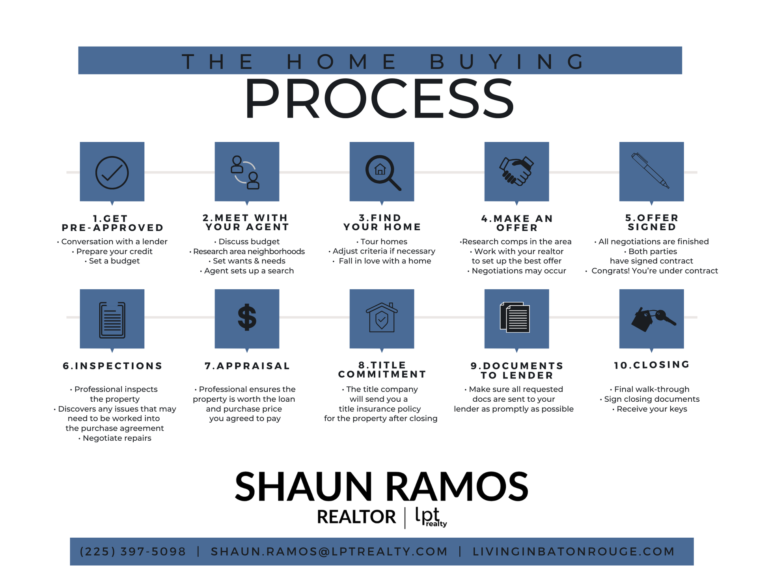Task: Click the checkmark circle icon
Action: (112, 173)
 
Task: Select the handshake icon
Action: (516, 171)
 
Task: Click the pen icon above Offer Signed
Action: (651, 171)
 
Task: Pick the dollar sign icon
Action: (247, 317)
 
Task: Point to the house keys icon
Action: (653, 319)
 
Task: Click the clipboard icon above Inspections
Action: (112, 320)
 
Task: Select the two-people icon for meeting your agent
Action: (245, 173)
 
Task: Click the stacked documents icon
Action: (515, 317)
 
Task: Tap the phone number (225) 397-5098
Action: (133, 551)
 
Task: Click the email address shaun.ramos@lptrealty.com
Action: (329, 551)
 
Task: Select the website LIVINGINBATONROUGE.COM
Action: (574, 551)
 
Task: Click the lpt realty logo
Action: (430, 517)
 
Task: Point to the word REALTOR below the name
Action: (356, 517)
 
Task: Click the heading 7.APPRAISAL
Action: (247, 366)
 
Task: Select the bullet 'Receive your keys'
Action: (652, 409)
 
